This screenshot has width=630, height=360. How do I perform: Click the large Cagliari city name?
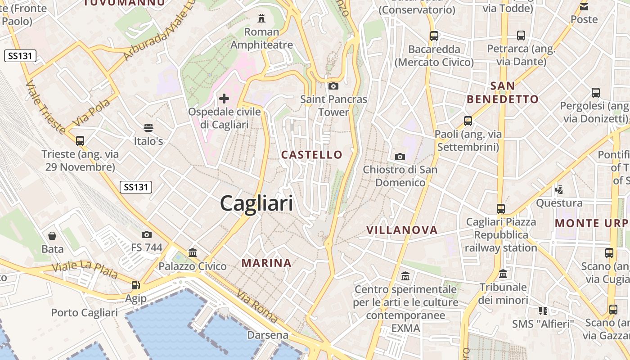tap(256, 204)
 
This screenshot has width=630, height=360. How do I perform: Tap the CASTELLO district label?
tap(312, 155)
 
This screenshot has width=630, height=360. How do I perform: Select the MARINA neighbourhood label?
tap(266, 263)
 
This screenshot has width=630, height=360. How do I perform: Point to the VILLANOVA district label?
tap(402, 230)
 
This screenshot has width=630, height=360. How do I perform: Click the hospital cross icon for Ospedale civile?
tap(224, 98)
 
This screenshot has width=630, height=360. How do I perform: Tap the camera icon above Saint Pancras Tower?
tap(333, 86)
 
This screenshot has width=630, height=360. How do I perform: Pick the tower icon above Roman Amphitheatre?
tap(261, 18)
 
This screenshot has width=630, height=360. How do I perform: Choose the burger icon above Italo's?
tap(148, 128)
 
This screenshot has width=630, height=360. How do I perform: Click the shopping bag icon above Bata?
tap(52, 236)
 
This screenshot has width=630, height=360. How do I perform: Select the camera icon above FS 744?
tap(146, 234)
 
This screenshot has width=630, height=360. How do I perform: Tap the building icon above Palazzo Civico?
tap(193, 252)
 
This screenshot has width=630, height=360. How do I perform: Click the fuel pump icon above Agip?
tap(135, 285)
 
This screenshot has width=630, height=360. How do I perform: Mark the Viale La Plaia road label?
tap(84, 270)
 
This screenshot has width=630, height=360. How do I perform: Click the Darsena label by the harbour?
tap(268, 335)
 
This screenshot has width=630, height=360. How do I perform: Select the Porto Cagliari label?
tap(84, 312)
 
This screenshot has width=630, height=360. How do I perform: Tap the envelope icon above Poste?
tap(584, 6)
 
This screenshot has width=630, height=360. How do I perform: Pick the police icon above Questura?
tap(559, 190)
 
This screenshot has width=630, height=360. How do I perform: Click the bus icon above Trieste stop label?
tap(80, 141)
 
